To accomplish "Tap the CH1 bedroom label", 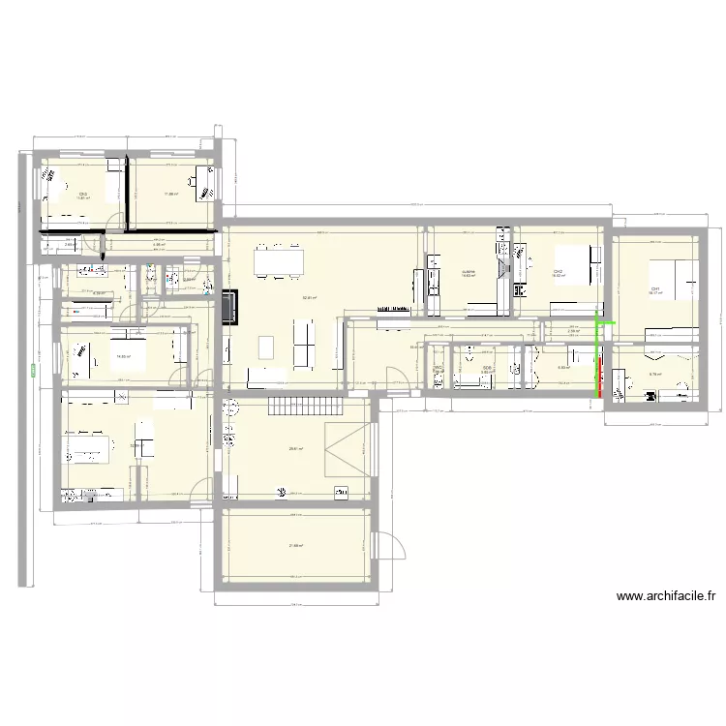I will [x=655, y=287].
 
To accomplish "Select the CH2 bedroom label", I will [x=559, y=271].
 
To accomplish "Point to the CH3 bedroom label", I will [x=83, y=195].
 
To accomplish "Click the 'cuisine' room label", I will [x=468, y=271].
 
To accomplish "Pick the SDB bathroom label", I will [x=487, y=367].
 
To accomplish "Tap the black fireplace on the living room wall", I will [x=230, y=306].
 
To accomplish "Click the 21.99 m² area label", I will [x=296, y=546].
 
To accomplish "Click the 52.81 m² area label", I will [x=309, y=297].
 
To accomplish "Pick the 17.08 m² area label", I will [x=171, y=194].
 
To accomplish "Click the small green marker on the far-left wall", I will [x=33, y=368].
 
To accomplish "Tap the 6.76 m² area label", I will [x=654, y=374].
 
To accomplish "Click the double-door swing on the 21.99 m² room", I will [x=390, y=548].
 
